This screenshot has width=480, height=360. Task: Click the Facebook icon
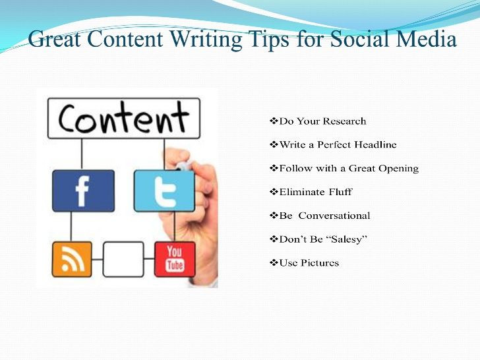point(83,191)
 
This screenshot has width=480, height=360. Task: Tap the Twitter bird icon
point(164,191)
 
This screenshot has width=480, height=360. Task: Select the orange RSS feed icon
point(72,259)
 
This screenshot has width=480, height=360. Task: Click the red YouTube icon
point(175,259)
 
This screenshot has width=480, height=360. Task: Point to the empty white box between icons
point(123,259)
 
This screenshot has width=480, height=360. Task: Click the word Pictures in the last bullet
point(319,262)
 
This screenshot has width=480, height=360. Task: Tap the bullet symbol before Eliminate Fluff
point(274,192)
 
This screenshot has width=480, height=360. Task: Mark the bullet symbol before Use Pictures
point(274,262)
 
